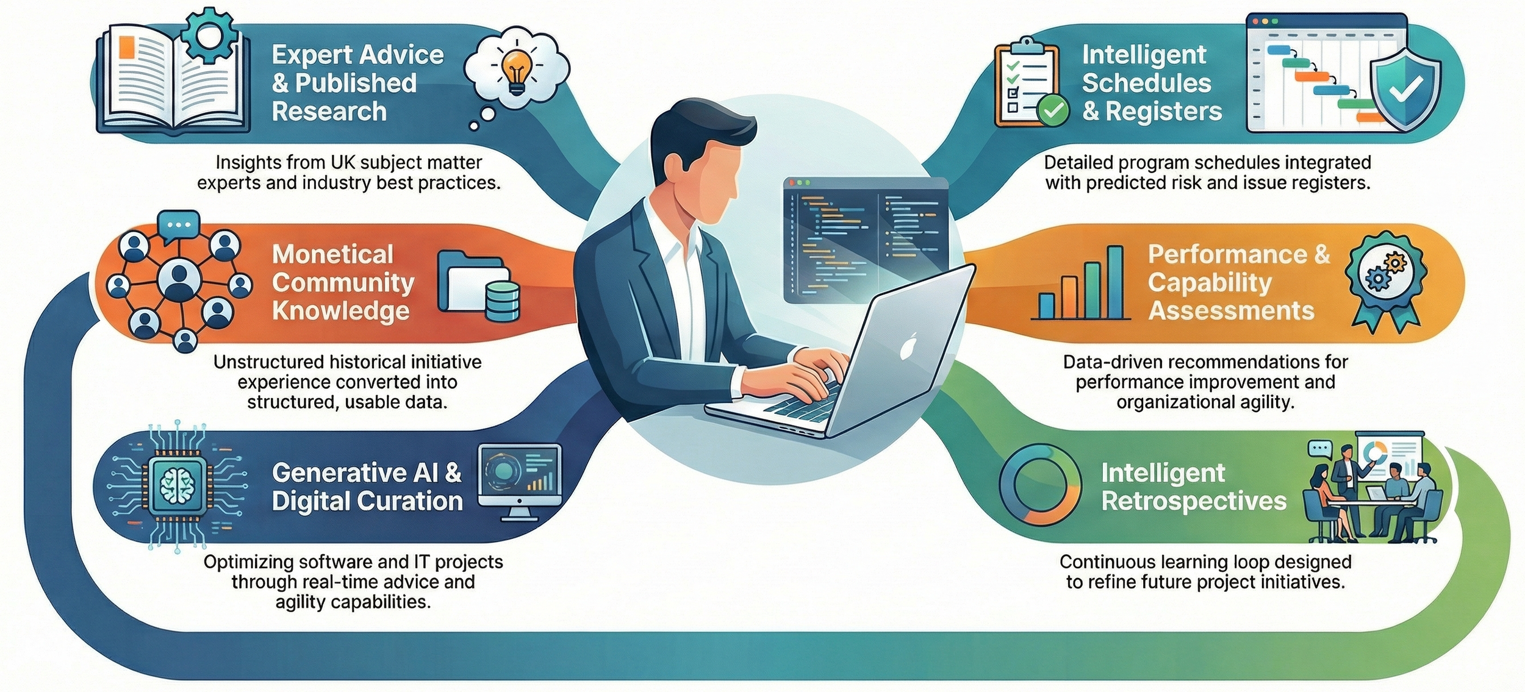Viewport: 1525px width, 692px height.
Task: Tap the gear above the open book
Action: [x=208, y=35]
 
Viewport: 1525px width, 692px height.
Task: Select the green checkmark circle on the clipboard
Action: [x=1053, y=110]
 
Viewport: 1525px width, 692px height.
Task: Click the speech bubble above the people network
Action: [x=178, y=224]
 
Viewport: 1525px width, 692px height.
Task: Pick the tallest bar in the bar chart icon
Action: [x=1115, y=282]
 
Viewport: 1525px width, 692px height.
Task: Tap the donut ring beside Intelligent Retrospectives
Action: [x=1039, y=485]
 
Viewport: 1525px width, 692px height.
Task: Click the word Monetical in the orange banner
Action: [x=332, y=254]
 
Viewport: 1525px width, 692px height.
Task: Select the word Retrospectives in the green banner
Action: [x=1194, y=501]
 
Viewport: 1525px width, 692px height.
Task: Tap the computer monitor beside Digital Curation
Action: [x=520, y=477]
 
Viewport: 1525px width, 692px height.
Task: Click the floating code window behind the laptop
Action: [x=865, y=235]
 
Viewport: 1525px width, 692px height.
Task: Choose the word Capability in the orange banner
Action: [x=1210, y=283]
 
